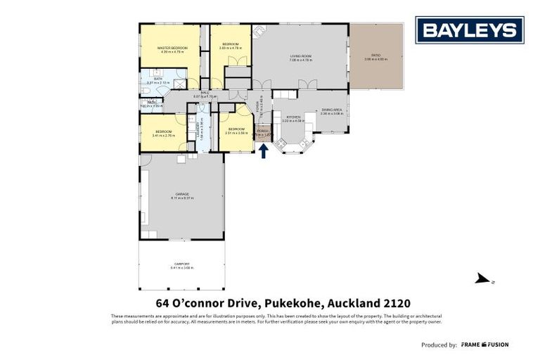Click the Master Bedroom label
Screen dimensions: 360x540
(173, 48)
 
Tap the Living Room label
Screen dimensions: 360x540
(300, 56)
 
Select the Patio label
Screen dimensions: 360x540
(376, 56)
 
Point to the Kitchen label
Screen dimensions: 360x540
(292, 117)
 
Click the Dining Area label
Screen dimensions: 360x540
(331, 110)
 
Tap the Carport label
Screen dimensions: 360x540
(181, 264)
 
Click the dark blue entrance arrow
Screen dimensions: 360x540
(264, 151)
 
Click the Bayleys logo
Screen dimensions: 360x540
(469, 30)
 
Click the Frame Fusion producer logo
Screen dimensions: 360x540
(484, 345)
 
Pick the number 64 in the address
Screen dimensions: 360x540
(164, 303)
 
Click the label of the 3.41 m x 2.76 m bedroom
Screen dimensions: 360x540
(163, 131)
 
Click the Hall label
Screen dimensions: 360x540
(205, 92)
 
